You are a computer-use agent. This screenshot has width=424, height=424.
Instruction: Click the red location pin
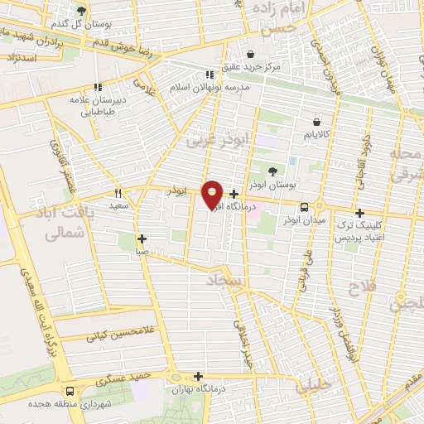(212, 193)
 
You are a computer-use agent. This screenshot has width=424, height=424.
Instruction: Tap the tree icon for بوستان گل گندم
(81, 11)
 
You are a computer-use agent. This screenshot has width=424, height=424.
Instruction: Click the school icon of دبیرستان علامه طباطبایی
(98, 86)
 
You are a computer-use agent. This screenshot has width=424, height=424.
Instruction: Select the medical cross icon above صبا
(142, 238)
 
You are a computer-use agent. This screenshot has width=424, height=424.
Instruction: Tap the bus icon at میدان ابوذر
(305, 207)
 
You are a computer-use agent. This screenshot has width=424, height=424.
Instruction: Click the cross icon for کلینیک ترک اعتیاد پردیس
(359, 213)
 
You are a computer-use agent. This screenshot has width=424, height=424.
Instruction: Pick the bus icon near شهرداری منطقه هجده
(69, 391)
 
